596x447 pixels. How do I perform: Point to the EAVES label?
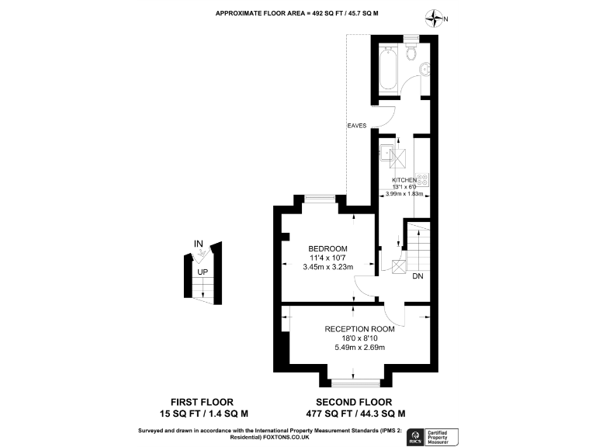(357, 125)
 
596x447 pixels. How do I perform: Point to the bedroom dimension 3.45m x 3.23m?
(327, 267)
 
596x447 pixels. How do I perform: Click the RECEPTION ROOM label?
(359, 328)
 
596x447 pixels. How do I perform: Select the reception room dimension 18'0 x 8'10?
(359, 338)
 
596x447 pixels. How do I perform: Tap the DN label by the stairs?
(418, 276)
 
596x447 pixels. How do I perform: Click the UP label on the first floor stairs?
(202, 272)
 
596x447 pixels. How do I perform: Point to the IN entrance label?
(199, 244)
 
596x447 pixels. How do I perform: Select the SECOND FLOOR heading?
(359, 402)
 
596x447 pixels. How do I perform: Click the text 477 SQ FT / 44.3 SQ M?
(359, 413)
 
